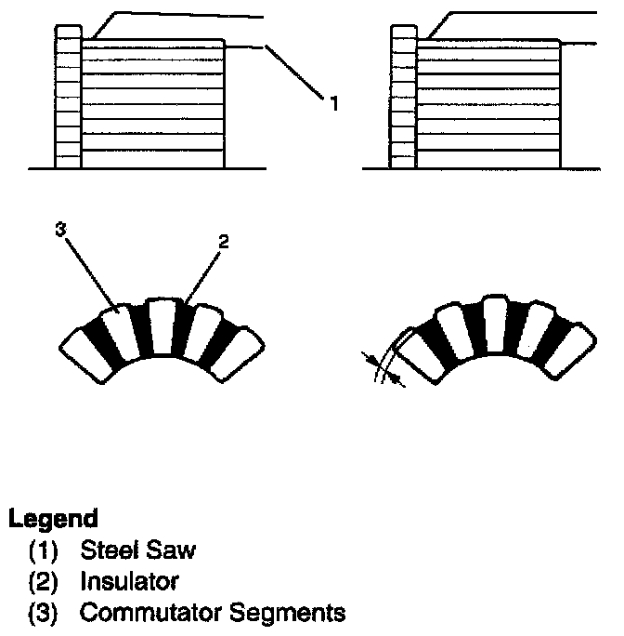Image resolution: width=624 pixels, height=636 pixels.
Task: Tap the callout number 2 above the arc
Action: tap(223, 242)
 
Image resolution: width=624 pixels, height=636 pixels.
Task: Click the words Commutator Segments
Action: tap(213, 613)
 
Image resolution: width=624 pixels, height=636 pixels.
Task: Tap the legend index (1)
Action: tap(45, 550)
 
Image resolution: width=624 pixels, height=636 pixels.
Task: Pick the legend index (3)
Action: tap(45, 613)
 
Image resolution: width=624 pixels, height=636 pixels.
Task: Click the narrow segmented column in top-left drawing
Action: tap(69, 97)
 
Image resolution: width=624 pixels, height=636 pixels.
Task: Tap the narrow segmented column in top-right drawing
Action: tap(403, 97)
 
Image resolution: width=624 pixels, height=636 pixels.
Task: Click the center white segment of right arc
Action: tap(492, 327)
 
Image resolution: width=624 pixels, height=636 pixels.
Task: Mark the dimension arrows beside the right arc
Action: tap(384, 368)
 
